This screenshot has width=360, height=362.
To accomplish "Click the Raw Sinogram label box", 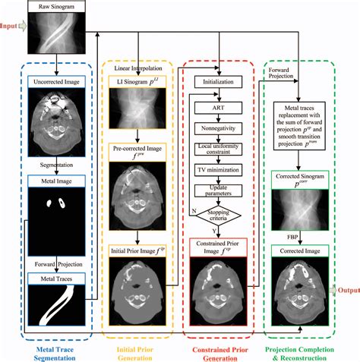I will point(54,7).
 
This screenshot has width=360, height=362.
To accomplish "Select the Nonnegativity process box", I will point(218,129).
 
